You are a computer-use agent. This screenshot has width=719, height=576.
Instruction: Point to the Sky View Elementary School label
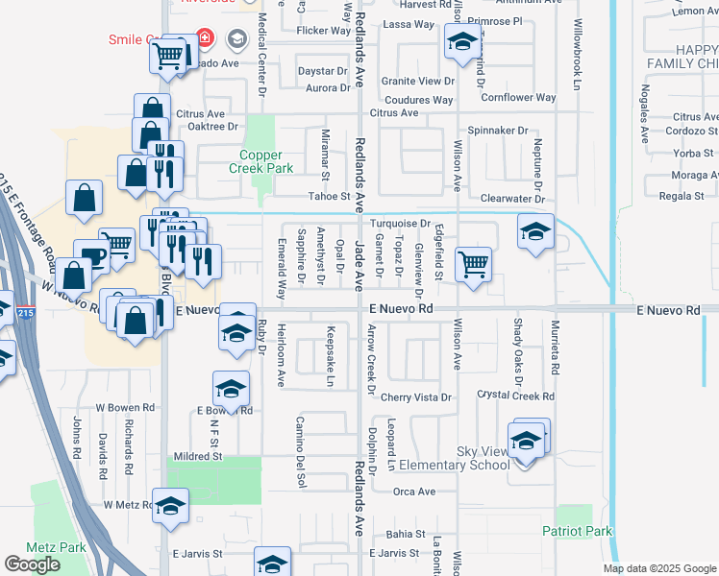pos(455,459)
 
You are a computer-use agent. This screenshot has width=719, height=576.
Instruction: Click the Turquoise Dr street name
pos(411,223)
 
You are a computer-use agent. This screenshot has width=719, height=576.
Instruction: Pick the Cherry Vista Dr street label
pos(415,396)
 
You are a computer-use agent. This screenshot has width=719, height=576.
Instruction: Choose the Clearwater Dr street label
pos(513,199)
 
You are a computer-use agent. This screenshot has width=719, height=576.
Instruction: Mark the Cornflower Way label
pos(519,97)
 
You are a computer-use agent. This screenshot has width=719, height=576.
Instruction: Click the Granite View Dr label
pos(417,82)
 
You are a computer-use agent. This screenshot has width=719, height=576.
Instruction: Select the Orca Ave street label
pos(414,492)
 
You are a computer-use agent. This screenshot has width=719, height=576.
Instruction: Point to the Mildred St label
pos(197,457)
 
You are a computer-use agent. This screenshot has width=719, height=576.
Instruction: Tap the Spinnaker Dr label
pos(497,130)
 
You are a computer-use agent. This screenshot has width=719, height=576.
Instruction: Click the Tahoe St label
pos(328,196)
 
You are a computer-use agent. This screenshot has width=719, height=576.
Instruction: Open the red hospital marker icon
pos(204,38)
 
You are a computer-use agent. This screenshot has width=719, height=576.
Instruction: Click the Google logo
pos(33,564)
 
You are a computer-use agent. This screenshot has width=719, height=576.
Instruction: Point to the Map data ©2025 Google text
pos(657,568)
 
